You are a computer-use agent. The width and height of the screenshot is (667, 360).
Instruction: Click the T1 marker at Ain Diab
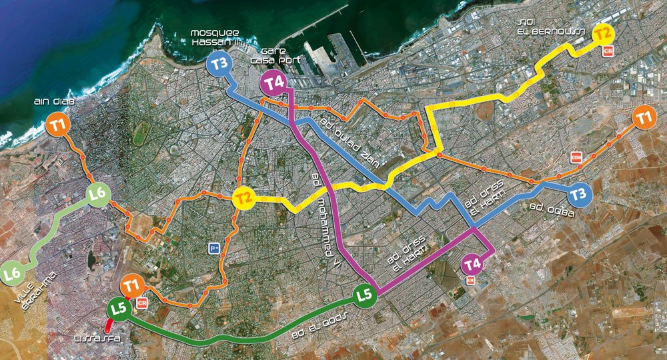pos(59,125)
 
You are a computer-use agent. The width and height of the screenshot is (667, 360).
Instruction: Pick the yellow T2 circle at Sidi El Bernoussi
pos(604,33)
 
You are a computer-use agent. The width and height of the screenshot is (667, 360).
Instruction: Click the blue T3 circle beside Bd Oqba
pos(580,195)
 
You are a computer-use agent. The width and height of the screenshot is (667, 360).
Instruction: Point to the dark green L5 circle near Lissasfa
pos(118,309)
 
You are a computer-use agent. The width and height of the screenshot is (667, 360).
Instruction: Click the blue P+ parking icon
pos(214,248)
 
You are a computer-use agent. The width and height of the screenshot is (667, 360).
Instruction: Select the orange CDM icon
pos(576,157)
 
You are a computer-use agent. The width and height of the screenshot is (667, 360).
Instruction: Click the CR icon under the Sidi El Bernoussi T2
pos(607,51)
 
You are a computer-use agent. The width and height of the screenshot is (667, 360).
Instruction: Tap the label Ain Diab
pos(51,102)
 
